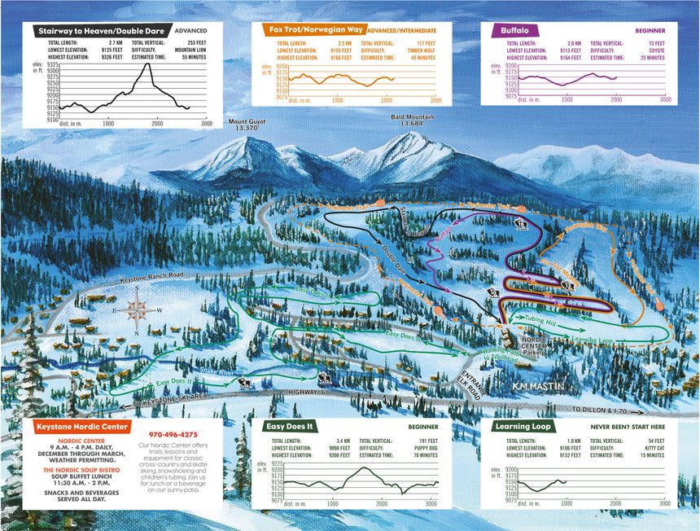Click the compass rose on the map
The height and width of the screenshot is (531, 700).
click(138, 309)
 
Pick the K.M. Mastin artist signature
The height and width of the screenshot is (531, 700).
click(540, 380)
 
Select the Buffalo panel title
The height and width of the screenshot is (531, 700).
click(516, 30)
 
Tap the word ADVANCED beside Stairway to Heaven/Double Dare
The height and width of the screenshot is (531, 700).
click(198, 30)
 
